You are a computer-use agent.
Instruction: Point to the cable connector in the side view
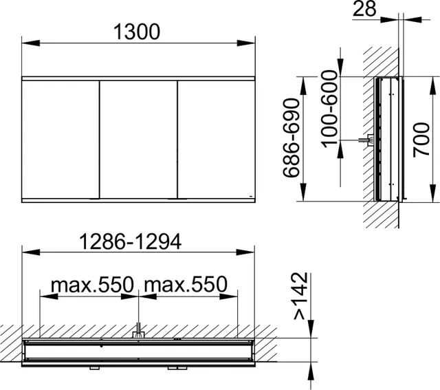point(368,140)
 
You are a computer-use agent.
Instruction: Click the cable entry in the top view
point(138,331)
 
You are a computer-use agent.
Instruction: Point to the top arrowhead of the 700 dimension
point(433,80)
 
